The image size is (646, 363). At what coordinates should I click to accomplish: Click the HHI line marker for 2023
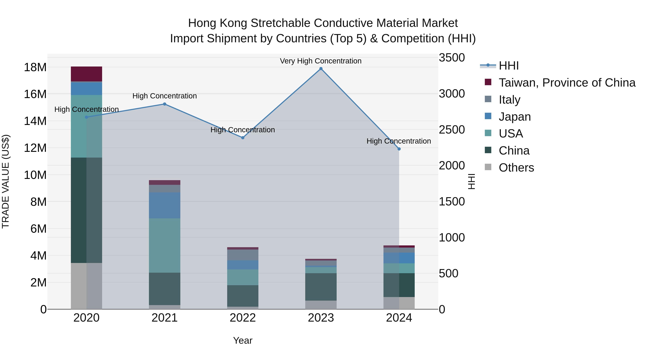321,69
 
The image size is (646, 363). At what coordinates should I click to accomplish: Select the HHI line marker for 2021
165,104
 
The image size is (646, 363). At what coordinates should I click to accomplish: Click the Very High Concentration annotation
320,61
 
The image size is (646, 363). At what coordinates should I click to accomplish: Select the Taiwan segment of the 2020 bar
86,74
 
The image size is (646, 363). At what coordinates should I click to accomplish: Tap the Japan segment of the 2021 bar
165,205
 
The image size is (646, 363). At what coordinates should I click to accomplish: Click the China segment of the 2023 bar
321,287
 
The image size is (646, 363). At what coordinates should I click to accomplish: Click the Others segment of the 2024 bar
399,303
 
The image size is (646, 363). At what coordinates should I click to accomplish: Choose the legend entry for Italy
509,100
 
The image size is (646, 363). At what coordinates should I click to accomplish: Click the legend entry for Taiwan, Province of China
567,83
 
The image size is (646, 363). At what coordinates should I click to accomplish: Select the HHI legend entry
508,66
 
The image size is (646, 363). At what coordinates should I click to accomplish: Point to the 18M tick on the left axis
35,67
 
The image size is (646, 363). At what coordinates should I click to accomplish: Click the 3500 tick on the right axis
452,58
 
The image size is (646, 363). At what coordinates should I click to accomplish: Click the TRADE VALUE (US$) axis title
6,181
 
